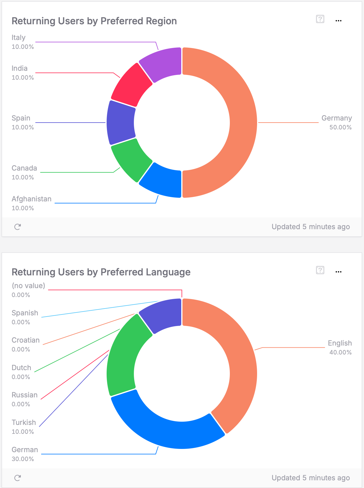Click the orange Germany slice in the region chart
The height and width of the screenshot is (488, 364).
coord(243,122)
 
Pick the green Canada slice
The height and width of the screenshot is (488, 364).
coord(130,160)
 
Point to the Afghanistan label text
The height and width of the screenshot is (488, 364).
coord(31,199)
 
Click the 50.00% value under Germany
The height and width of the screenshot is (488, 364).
coord(340,127)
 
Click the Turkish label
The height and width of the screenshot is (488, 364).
coord(24,422)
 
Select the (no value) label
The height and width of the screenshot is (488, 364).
coord(28,285)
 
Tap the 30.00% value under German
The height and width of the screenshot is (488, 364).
coord(23,459)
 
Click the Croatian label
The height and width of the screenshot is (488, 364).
coord(25,340)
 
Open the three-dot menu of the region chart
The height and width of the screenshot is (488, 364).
coord(339,21)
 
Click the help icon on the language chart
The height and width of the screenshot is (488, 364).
coord(320,270)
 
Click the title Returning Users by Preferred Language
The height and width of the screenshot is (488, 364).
coord(101,272)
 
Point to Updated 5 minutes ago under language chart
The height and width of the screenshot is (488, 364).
coord(311,478)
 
